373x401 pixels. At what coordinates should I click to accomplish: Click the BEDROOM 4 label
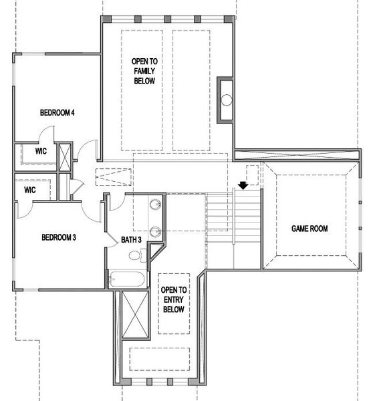point(56,112)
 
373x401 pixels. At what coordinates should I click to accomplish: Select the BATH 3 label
point(131,239)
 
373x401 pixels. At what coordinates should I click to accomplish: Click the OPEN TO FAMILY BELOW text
point(144,71)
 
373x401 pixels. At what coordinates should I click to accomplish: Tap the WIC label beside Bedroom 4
point(41,152)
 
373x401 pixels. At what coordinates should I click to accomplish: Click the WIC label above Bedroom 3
point(29,190)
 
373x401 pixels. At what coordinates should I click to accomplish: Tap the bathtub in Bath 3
point(127,278)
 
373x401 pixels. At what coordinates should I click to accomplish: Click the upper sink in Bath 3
point(155,204)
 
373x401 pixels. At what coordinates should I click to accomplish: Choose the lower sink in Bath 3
point(155,233)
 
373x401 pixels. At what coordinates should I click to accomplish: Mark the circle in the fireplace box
point(227,100)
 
